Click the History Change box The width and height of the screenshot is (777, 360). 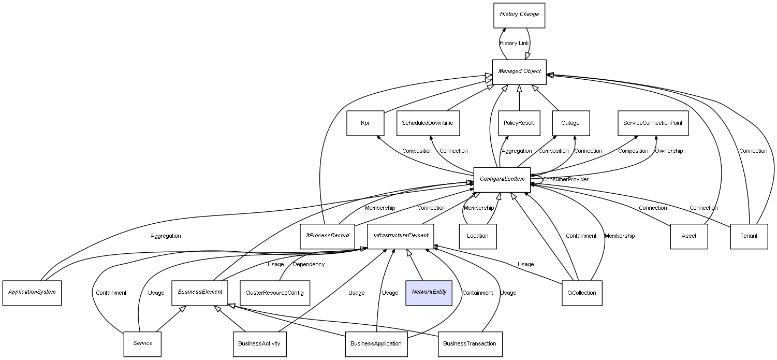pyautogui.click(x=519, y=15)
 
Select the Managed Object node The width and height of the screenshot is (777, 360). pyautogui.click(x=519, y=71)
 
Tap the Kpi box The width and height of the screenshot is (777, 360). pyautogui.click(x=365, y=123)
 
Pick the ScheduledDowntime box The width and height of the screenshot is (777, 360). pyautogui.click(x=428, y=123)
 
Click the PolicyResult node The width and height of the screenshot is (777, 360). pyautogui.click(x=519, y=123)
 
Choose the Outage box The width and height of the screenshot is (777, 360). pyautogui.click(x=570, y=123)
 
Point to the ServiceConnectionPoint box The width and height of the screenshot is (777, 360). pyautogui.click(x=653, y=123)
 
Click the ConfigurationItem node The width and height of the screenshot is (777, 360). pyautogui.click(x=502, y=179)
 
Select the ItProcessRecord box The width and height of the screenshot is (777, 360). pyautogui.click(x=327, y=236)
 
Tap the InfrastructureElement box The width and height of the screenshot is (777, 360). pyautogui.click(x=401, y=236)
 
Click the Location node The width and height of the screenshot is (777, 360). pyautogui.click(x=477, y=236)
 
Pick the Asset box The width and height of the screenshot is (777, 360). pyautogui.click(x=688, y=236)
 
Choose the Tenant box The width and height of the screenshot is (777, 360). pyautogui.click(x=749, y=236)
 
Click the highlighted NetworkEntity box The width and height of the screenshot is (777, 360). pyautogui.click(x=429, y=292)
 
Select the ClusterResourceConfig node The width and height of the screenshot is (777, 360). pyautogui.click(x=274, y=293)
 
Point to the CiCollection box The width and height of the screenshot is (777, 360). pyautogui.click(x=581, y=293)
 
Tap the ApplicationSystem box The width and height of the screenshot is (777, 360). pyautogui.click(x=32, y=292)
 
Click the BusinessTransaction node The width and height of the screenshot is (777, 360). pyautogui.click(x=470, y=344)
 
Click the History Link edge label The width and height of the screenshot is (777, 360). pyautogui.click(x=514, y=44)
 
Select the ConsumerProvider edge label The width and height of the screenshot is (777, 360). pyautogui.click(x=565, y=179)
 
